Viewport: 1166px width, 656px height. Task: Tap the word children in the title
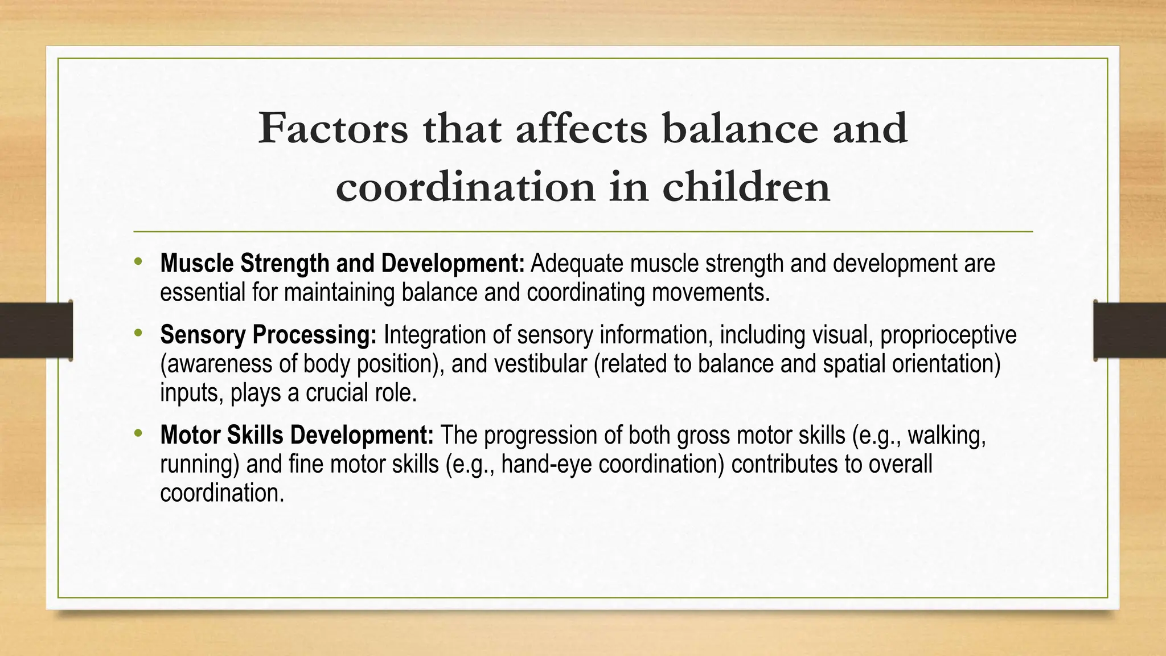(746, 187)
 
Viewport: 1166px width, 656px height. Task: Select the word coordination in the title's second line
(465, 187)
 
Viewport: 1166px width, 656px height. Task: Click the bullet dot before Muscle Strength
(137, 262)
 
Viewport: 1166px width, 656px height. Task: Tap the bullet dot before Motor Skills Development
(137, 434)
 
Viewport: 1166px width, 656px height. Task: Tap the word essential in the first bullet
(202, 293)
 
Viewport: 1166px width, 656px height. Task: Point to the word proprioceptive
(948, 335)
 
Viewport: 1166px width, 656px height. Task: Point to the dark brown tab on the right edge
(1130, 330)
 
